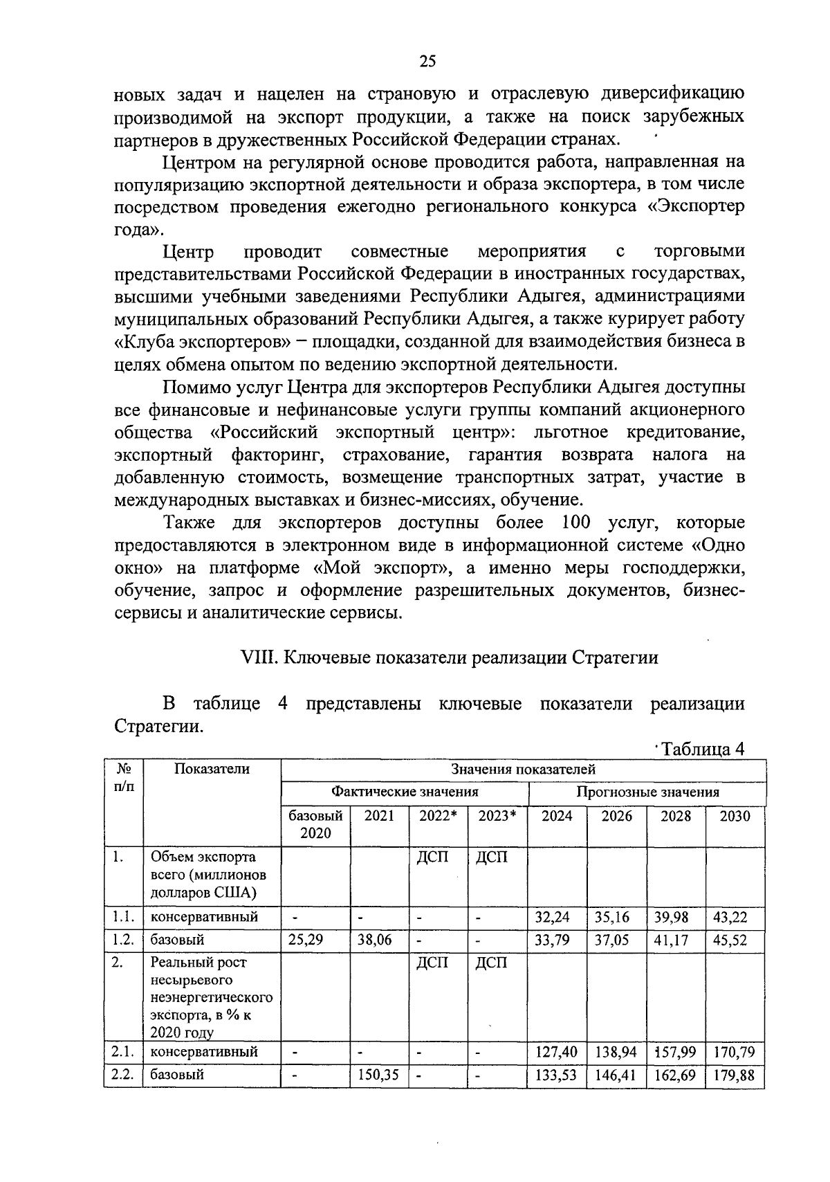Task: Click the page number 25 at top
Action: click(427, 62)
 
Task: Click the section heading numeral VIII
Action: click(257, 657)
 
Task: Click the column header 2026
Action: click(616, 816)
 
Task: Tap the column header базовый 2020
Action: click(315, 824)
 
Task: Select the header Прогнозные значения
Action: click(647, 792)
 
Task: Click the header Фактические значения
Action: click(405, 792)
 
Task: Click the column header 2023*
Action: click(497, 816)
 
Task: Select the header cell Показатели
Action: click(212, 769)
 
